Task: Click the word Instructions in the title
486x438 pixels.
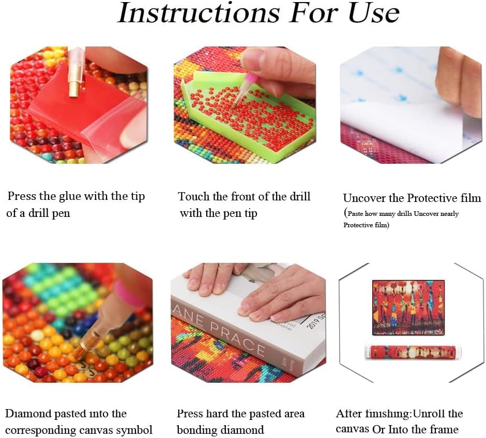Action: pyautogui.click(x=199, y=14)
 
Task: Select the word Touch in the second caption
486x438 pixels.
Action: pyautogui.click(x=194, y=197)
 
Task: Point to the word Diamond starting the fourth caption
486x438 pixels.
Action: pyautogui.click(x=28, y=414)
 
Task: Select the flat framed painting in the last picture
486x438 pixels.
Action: pyautogui.click(x=408, y=307)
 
